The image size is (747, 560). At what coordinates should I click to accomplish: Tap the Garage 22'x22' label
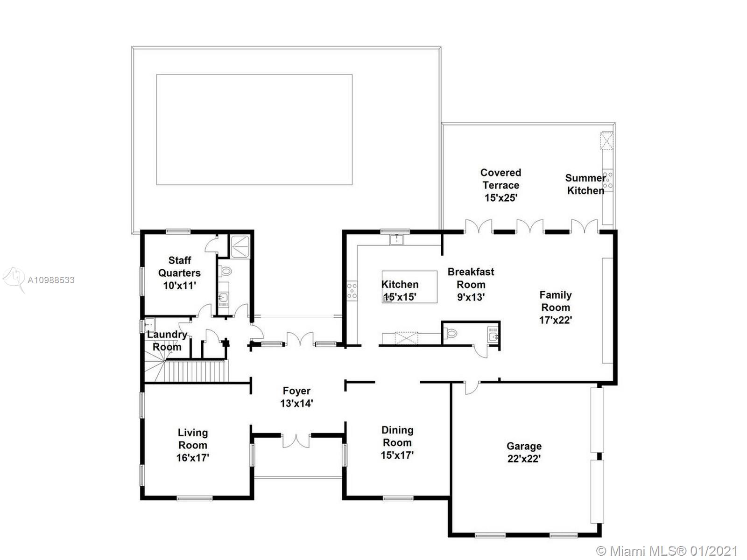click(x=524, y=452)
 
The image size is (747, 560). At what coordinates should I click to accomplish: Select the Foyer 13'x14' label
click(x=296, y=397)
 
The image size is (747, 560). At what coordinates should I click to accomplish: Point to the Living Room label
click(x=193, y=439)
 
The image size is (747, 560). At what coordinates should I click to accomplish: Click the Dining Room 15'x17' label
click(x=397, y=443)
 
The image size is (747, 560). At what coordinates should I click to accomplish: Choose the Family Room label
click(x=556, y=301)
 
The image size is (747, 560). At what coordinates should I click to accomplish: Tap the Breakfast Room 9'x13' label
click(x=471, y=285)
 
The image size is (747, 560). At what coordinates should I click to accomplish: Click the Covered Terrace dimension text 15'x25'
click(x=501, y=198)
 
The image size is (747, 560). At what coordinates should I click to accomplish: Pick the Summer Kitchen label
click(x=585, y=184)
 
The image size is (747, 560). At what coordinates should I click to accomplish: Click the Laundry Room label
click(x=167, y=341)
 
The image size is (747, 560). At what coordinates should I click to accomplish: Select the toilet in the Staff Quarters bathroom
click(x=225, y=271)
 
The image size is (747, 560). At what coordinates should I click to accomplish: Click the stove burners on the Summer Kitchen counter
click(x=608, y=180)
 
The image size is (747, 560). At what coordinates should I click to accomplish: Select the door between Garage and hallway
click(x=472, y=388)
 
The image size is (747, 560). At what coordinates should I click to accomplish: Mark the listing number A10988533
click(x=51, y=280)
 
